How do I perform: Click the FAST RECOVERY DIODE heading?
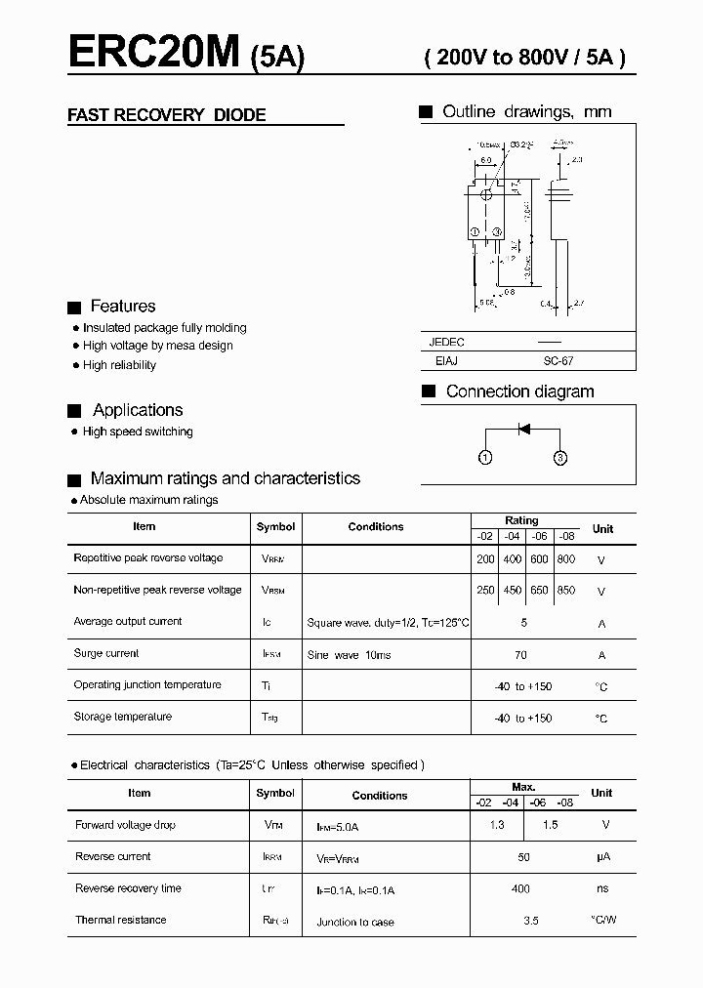point(166,115)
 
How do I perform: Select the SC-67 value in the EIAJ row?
point(558,360)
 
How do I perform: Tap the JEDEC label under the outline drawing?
point(447,342)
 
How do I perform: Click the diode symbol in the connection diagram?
point(523,428)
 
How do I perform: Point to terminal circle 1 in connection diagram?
point(485,457)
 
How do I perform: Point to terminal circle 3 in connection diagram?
point(560,457)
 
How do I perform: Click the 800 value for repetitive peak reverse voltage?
point(565,559)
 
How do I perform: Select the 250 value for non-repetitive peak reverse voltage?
point(485,591)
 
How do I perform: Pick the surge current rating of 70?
point(520,655)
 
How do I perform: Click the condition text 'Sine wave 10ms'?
point(349,655)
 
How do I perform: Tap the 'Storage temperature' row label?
point(123,717)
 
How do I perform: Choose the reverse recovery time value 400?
point(520,888)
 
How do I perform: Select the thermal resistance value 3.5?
point(530,921)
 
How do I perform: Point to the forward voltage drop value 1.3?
point(497,825)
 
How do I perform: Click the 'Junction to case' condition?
point(355,922)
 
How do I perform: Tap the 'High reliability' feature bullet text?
point(119,365)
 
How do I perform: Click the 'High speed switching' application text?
point(138,432)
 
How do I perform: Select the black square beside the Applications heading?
point(73,411)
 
